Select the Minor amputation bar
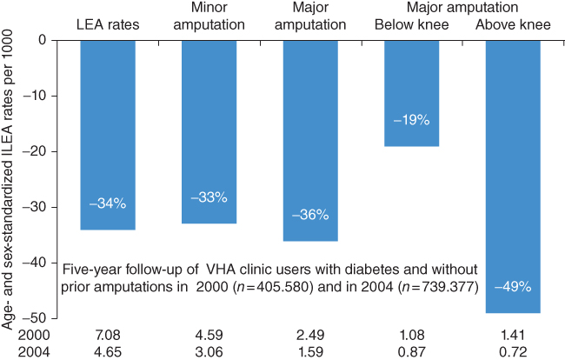click(209, 130)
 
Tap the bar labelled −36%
click(310, 139)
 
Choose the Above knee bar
click(513, 174)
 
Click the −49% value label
click(513, 286)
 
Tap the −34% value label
click(107, 203)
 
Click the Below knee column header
click(411, 24)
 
